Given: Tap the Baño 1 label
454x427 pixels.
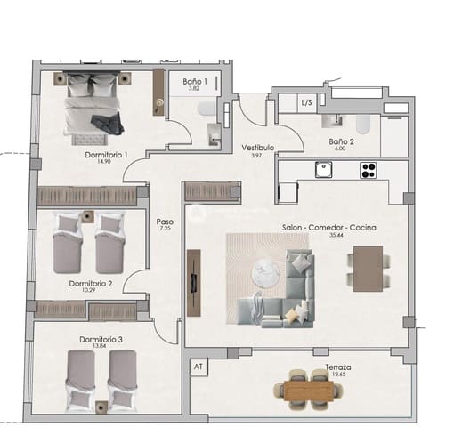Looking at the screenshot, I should (195, 82).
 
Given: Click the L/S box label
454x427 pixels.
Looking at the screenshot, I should (306, 102).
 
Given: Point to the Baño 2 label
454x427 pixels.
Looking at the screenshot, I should (341, 141).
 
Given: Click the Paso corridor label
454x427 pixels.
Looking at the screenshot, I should (164, 222).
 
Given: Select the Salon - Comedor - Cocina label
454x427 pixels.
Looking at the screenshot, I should (329, 227).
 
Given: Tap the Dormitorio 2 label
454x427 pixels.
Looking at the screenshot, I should (90, 284).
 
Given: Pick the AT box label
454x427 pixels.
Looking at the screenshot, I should (197, 366).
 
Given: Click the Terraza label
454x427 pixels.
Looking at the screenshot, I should (337, 367).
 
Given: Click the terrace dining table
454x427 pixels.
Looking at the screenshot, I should (308, 389).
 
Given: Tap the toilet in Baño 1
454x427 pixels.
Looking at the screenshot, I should (207, 109).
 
